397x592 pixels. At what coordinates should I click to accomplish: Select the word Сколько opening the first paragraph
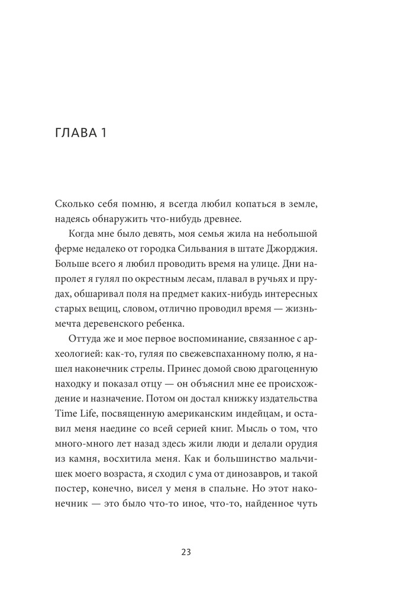pyautogui.click(x=73, y=204)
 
